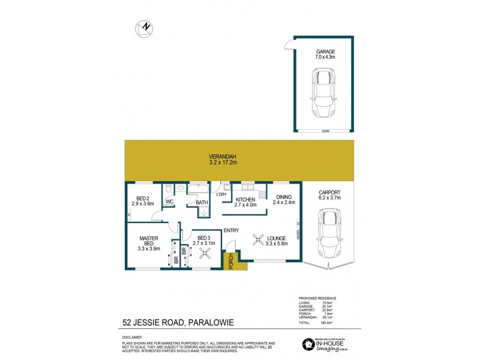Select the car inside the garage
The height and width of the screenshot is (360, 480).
point(324,93)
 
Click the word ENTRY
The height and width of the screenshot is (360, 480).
point(232,230)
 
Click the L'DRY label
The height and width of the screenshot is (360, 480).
point(222,194)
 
